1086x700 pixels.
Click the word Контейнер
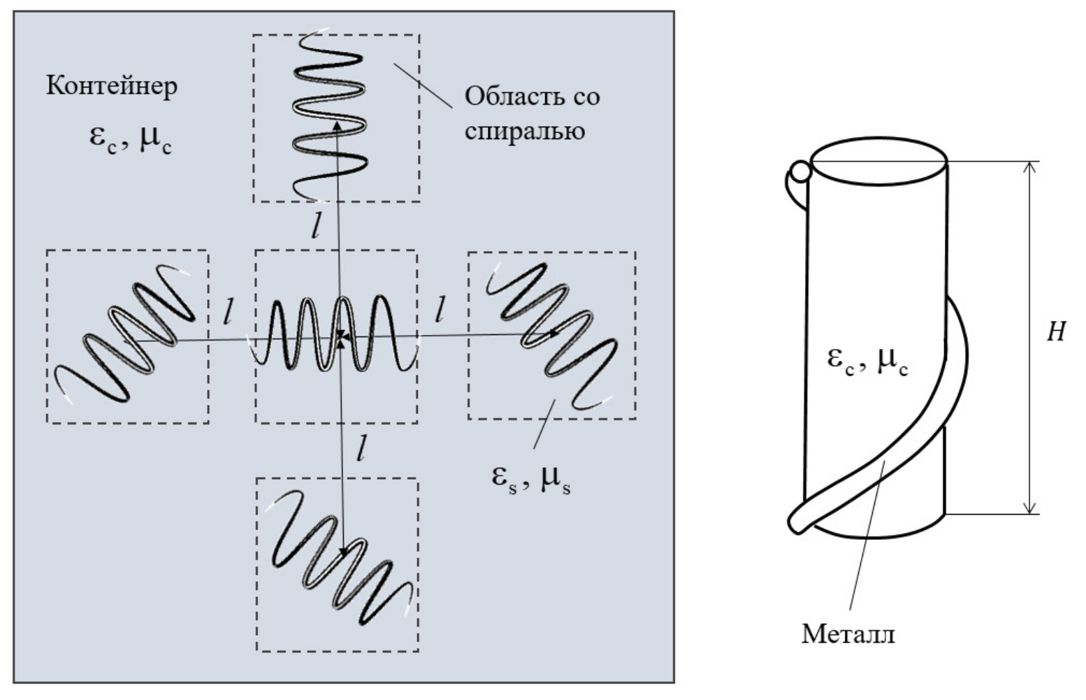112,86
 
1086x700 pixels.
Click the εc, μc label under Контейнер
130,137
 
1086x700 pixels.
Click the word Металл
848,634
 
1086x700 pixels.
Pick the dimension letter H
1056,332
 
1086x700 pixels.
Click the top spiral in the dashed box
329,116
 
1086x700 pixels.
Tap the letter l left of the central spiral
229,313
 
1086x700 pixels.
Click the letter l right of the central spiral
439,310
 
